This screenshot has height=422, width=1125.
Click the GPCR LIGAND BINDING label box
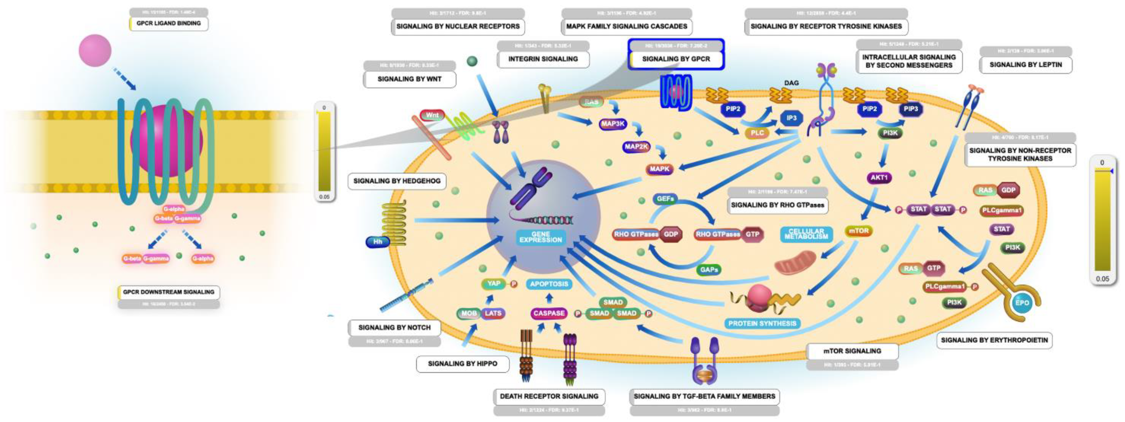coord(168,23)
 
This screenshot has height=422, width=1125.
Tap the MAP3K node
coord(613,124)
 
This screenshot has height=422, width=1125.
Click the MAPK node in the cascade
coord(659,169)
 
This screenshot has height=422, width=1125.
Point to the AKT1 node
coord(879,178)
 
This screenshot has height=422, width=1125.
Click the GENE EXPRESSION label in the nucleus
coord(541,237)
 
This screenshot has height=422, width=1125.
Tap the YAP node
coord(494,284)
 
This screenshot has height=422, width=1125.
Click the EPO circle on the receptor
coord(1022,303)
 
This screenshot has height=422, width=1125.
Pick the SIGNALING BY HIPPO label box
coord(462,364)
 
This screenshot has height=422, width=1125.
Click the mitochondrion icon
coord(795,263)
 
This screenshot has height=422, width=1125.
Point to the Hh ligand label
coord(377,241)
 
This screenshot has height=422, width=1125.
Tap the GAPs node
coord(709,270)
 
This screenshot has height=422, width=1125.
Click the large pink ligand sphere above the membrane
coord(95,51)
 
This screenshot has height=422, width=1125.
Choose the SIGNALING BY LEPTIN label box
coord(1026,65)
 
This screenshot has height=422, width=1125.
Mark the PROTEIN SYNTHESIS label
coord(762,323)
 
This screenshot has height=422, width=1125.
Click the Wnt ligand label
coord(432,115)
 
